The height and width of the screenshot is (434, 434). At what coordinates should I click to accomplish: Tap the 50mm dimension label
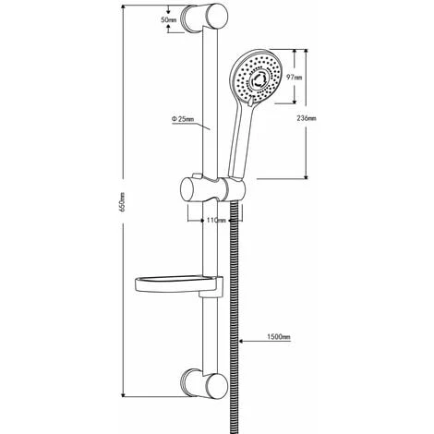click(x=168, y=18)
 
